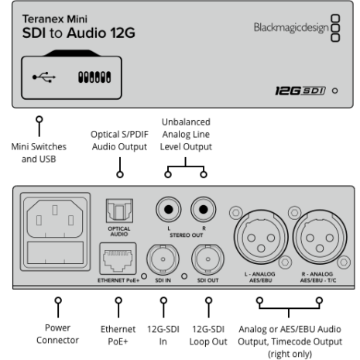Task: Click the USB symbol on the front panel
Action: [44, 77]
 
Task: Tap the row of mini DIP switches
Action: [94, 77]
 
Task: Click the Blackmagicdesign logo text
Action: [291, 28]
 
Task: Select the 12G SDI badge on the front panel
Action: [300, 91]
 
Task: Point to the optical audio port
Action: [119, 211]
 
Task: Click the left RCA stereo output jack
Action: [169, 209]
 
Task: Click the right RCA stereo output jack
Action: [204, 209]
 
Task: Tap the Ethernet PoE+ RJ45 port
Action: [118, 259]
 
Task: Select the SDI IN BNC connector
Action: [163, 259]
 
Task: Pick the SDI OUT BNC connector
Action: [207, 259]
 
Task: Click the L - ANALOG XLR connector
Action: [261, 238]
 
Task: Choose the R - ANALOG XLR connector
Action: [320, 238]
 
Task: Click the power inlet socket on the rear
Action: [55, 218]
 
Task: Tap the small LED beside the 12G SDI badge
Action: [335, 91]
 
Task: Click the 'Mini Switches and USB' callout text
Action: [39, 153]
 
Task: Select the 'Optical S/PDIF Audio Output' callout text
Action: [119, 140]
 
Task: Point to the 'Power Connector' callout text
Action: [57, 334]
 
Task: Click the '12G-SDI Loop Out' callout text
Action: [208, 335]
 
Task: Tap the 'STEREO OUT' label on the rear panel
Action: [187, 235]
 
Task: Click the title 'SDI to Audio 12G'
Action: [79, 33]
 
